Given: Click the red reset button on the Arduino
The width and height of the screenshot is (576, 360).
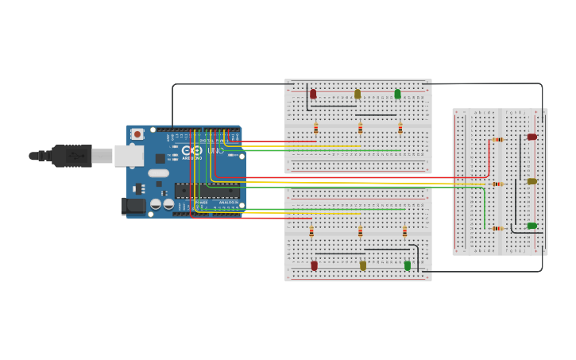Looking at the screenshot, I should [x=137, y=134].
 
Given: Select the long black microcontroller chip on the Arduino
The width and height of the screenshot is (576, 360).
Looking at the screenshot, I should [x=207, y=191].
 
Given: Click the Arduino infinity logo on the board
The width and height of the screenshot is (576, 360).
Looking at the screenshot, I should [x=191, y=150].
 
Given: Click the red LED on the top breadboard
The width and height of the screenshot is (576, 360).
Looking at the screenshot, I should [x=313, y=94].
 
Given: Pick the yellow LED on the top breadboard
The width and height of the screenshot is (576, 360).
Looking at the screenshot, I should [x=358, y=94].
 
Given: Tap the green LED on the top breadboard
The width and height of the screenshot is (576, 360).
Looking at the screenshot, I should [x=398, y=94].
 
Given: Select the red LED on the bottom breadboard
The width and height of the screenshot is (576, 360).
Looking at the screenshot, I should [x=315, y=265].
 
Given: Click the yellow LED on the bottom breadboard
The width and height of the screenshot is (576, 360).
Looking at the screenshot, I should [x=363, y=265].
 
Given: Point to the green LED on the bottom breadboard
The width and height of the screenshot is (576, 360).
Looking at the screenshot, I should [x=408, y=265].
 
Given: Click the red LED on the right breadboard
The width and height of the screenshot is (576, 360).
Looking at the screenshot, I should [x=532, y=137].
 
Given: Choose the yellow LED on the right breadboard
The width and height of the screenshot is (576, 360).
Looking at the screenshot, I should [x=532, y=181].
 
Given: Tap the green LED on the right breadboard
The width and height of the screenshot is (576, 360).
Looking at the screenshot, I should [x=532, y=226].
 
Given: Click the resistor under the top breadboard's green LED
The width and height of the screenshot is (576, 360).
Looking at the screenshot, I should [x=400, y=128].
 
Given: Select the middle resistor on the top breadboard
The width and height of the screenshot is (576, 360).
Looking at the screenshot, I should [x=360, y=128].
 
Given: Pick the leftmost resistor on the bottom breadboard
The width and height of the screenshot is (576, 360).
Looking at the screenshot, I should [x=311, y=232].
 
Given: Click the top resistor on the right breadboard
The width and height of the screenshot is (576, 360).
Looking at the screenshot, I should [x=497, y=139].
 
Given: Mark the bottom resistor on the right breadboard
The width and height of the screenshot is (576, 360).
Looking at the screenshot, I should [x=497, y=228].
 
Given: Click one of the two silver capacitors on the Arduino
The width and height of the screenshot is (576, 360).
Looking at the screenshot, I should [x=156, y=204].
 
